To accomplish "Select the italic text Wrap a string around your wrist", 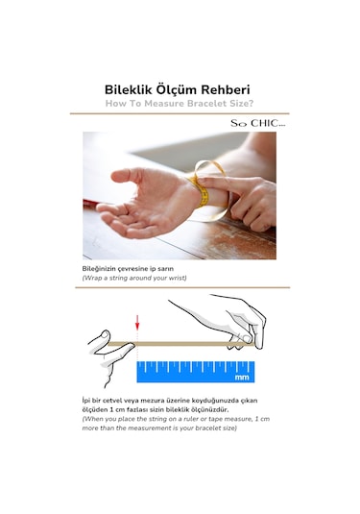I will (134, 278).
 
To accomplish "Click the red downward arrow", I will (137, 324).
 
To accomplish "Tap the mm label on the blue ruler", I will (242, 378).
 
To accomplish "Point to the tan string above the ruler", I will (182, 343).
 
